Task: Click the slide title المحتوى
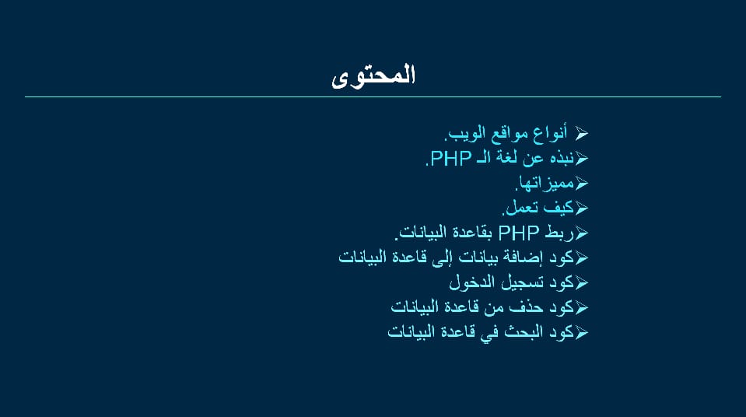point(373,76)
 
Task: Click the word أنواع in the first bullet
point(550,133)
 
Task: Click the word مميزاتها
point(545,184)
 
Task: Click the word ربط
point(560,233)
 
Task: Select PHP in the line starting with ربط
point(519,233)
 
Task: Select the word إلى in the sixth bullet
point(443,258)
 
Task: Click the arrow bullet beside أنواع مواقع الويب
point(581,133)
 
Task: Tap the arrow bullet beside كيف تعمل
point(581,208)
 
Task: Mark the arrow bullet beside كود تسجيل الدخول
point(581,282)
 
